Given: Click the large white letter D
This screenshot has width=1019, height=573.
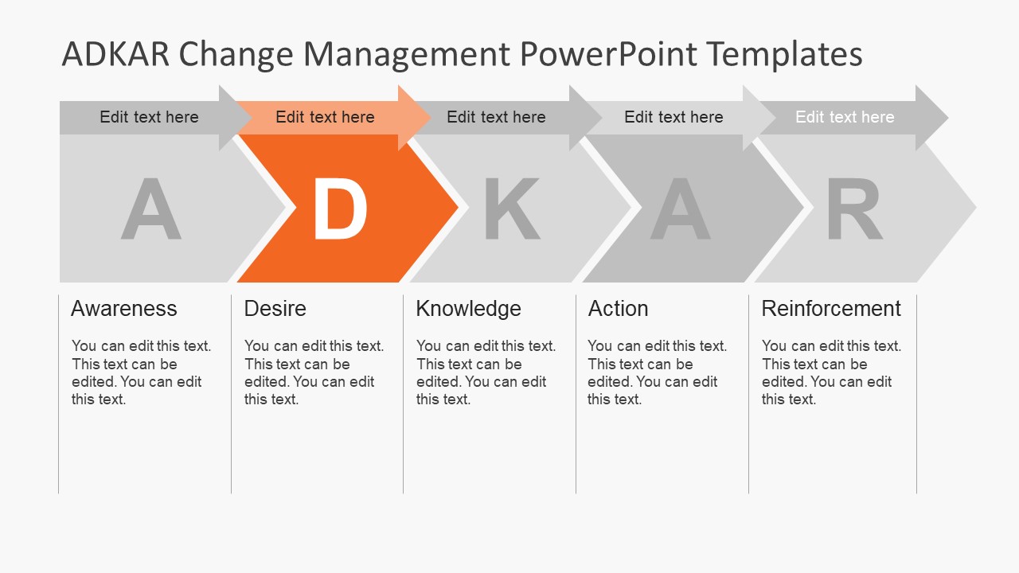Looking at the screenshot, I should point(340,209).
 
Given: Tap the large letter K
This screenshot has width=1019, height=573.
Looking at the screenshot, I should point(512,209).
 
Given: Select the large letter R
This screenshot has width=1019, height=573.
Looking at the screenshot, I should point(854,209).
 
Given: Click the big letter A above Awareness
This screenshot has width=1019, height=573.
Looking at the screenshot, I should point(150,209).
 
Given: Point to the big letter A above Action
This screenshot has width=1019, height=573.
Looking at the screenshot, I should point(680,209).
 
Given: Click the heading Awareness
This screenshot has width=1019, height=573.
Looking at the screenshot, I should point(124,309).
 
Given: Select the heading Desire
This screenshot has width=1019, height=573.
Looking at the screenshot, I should point(275,309).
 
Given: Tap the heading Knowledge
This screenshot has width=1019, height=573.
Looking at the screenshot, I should point(468,309).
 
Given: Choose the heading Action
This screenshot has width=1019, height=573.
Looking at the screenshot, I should point(618,309).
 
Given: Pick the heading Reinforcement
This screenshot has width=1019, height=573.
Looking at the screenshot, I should point(831,309).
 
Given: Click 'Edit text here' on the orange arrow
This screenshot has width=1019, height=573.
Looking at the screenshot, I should point(325,117).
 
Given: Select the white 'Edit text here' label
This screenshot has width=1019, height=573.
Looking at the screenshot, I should point(845,117).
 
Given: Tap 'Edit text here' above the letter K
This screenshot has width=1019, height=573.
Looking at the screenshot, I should point(496,117).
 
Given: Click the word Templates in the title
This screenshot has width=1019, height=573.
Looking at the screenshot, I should point(784,54).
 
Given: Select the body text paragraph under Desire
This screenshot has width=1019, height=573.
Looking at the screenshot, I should point(314,372).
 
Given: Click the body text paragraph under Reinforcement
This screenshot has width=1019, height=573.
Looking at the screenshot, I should point(831,372).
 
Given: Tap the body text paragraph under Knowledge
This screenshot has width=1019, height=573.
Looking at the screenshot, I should point(486,372).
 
